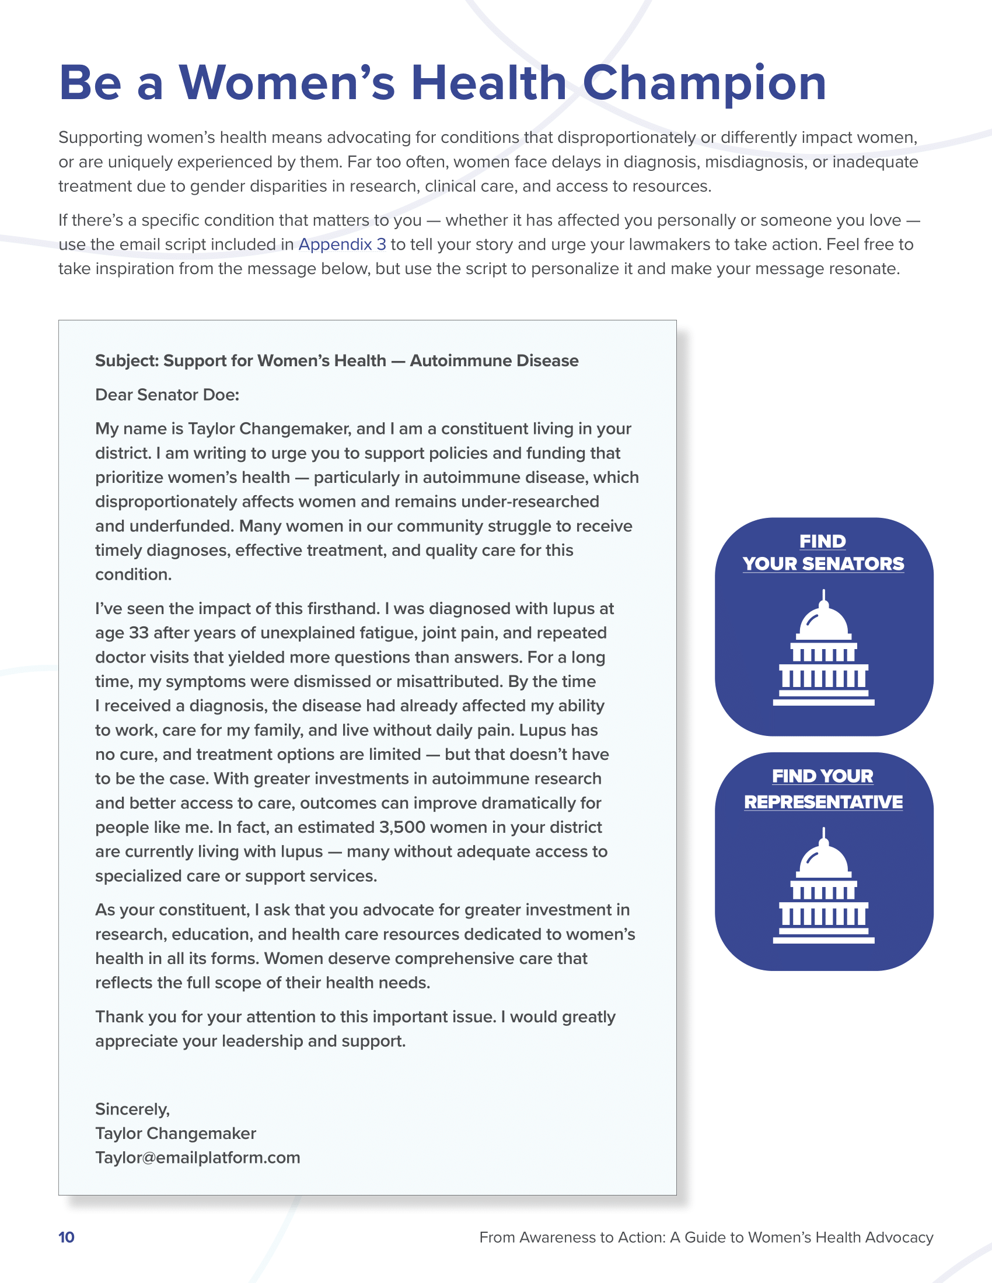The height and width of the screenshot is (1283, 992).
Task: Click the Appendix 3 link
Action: coord(342,244)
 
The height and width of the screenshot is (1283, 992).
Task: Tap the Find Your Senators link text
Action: coord(823,552)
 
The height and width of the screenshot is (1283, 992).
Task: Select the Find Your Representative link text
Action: coord(823,789)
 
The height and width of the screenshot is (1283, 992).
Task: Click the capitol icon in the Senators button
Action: coord(823,648)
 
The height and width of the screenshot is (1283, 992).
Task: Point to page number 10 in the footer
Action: coord(67,1237)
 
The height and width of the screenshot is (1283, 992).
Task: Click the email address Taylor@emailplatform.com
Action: coord(197,1157)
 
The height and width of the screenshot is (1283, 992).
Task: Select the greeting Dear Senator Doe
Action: coord(167,395)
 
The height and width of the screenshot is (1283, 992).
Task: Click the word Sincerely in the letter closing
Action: coord(132,1109)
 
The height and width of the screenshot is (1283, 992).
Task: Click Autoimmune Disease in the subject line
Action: coord(494,360)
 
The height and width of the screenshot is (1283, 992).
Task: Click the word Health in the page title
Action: coord(488,83)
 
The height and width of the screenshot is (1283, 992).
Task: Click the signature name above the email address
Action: coord(175,1133)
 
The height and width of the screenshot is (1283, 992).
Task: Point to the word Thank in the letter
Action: coord(118,1016)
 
